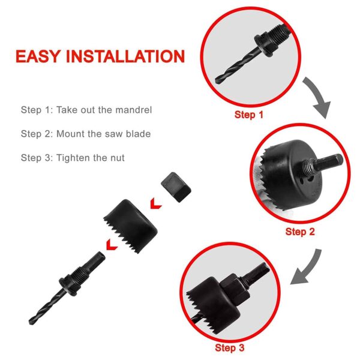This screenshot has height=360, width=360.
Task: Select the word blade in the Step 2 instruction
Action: point(137,134)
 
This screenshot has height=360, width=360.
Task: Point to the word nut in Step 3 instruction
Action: point(116,158)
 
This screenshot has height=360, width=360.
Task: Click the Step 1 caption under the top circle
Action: point(248,114)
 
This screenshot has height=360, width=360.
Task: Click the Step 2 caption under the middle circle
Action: point(300,232)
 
